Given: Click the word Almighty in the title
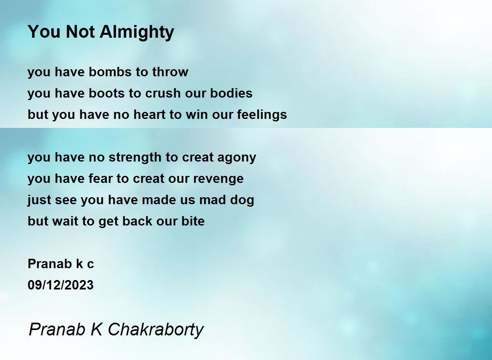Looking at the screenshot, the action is tap(137, 32).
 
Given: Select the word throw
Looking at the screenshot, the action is tap(170, 72).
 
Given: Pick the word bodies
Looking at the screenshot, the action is tap(231, 93).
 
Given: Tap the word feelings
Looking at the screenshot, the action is tap(262, 115).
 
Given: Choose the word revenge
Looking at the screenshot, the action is tap(218, 179).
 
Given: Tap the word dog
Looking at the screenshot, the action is tap(242, 200).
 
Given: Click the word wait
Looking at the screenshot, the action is tap(65, 221).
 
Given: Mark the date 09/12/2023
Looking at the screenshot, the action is tap(61, 285).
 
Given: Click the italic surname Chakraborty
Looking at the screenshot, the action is tap(156, 330).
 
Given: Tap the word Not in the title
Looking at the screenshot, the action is tap(80, 32).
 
